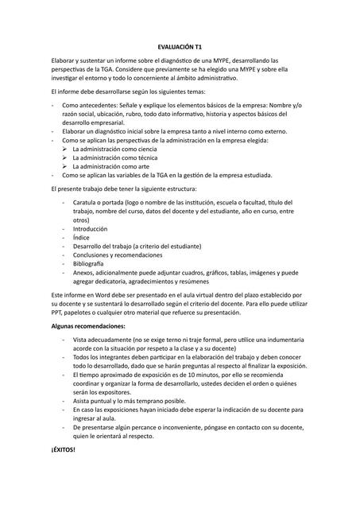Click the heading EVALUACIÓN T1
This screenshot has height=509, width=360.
point(180,49)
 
